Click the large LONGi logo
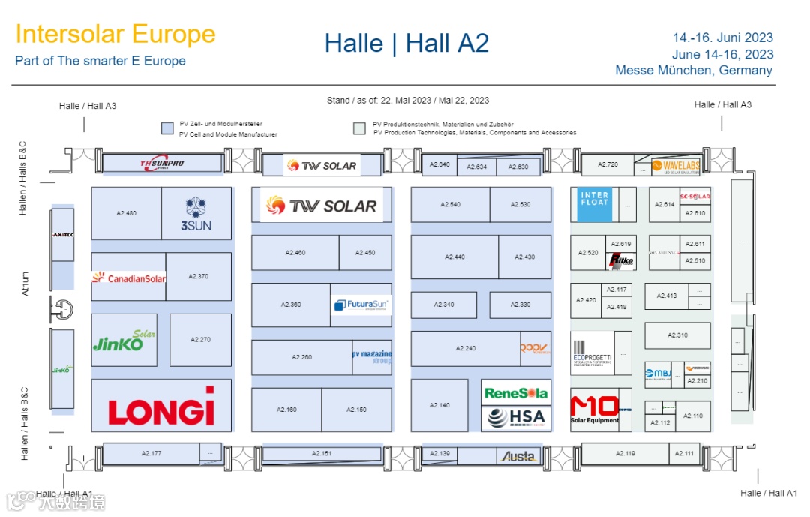pos(161,407)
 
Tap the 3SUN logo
pos(196,215)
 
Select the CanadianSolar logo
pos(128,278)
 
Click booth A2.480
pos(126,213)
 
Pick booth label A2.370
pos(199,276)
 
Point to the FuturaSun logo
pos(361,305)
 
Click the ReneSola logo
pos(516,392)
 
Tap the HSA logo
pos(516,418)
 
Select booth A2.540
pos(450,204)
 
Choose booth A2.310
pos(677,335)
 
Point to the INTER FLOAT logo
pos(595,199)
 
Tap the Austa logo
pos(519,456)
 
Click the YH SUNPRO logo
pos(163,163)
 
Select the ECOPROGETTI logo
pos(592,351)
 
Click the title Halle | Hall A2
pos(406,44)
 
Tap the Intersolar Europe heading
pos(115,34)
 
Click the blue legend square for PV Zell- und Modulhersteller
pos(168,128)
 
